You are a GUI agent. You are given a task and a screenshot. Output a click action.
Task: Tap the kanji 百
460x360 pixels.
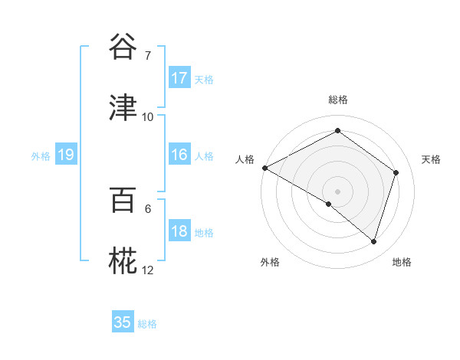pyautogui.click(x=123, y=200)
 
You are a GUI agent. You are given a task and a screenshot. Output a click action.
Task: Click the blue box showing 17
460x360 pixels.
pyautogui.click(x=179, y=77)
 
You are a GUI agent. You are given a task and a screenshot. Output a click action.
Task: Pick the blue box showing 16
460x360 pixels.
pyautogui.click(x=179, y=155)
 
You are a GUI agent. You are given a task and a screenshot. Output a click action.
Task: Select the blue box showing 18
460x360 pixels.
pyautogui.click(x=179, y=231)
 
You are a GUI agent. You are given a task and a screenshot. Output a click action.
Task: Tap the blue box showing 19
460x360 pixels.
pyautogui.click(x=66, y=155)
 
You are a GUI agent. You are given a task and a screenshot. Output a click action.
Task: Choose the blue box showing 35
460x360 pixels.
pyautogui.click(x=123, y=322)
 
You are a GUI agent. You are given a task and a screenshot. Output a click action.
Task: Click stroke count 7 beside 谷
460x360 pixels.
pyautogui.click(x=148, y=55)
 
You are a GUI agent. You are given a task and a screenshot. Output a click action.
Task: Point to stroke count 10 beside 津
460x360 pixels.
pyautogui.click(x=148, y=117)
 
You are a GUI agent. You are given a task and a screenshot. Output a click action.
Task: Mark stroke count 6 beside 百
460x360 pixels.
pyautogui.click(x=148, y=208)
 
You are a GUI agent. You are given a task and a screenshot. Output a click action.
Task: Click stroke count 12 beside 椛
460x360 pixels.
pyautogui.click(x=148, y=270)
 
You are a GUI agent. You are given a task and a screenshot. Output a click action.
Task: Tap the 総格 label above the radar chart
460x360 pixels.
pyautogui.click(x=338, y=100)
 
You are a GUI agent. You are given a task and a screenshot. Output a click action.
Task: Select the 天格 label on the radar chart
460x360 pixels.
pyautogui.click(x=432, y=159)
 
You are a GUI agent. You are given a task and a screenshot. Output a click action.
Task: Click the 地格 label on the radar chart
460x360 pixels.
pyautogui.click(x=402, y=262)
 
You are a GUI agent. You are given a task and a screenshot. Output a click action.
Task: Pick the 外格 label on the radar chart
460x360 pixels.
pyautogui.click(x=270, y=262)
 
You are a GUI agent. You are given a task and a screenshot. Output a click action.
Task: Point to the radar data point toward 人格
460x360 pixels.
pyautogui.click(x=264, y=168)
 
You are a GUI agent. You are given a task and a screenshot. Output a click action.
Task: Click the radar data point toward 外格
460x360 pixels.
pyautogui.click(x=329, y=204)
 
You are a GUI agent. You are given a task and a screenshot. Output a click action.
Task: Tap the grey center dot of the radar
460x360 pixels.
pyautogui.click(x=338, y=191)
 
